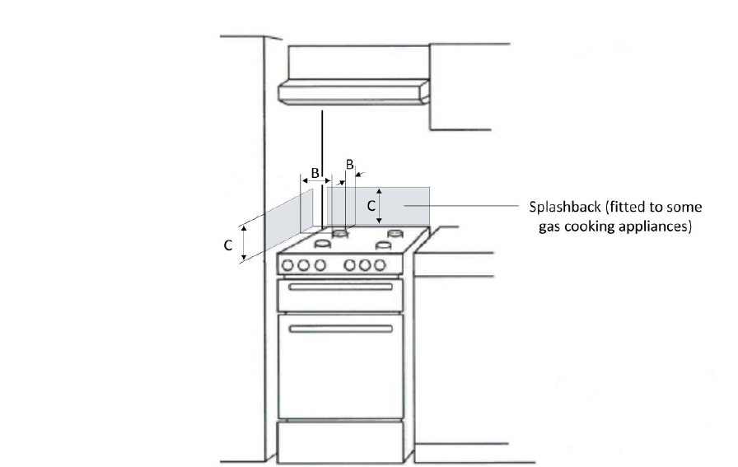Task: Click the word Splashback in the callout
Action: pyautogui.click(x=563, y=208)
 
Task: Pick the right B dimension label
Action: pyautogui.click(x=349, y=165)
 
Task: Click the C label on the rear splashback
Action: pyautogui.click(x=371, y=201)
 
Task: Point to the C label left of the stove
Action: pyautogui.click(x=227, y=245)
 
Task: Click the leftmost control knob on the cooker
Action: pyautogui.click(x=288, y=265)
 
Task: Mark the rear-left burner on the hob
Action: pyautogui.click(x=339, y=233)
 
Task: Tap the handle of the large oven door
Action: pyautogui.click(x=340, y=329)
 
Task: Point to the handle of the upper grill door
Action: pyautogui.click(x=340, y=287)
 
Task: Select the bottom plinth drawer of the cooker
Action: pyautogui.click(x=339, y=441)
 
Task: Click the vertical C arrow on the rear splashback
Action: pyautogui.click(x=380, y=207)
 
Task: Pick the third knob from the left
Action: pyautogui.click(x=318, y=265)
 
